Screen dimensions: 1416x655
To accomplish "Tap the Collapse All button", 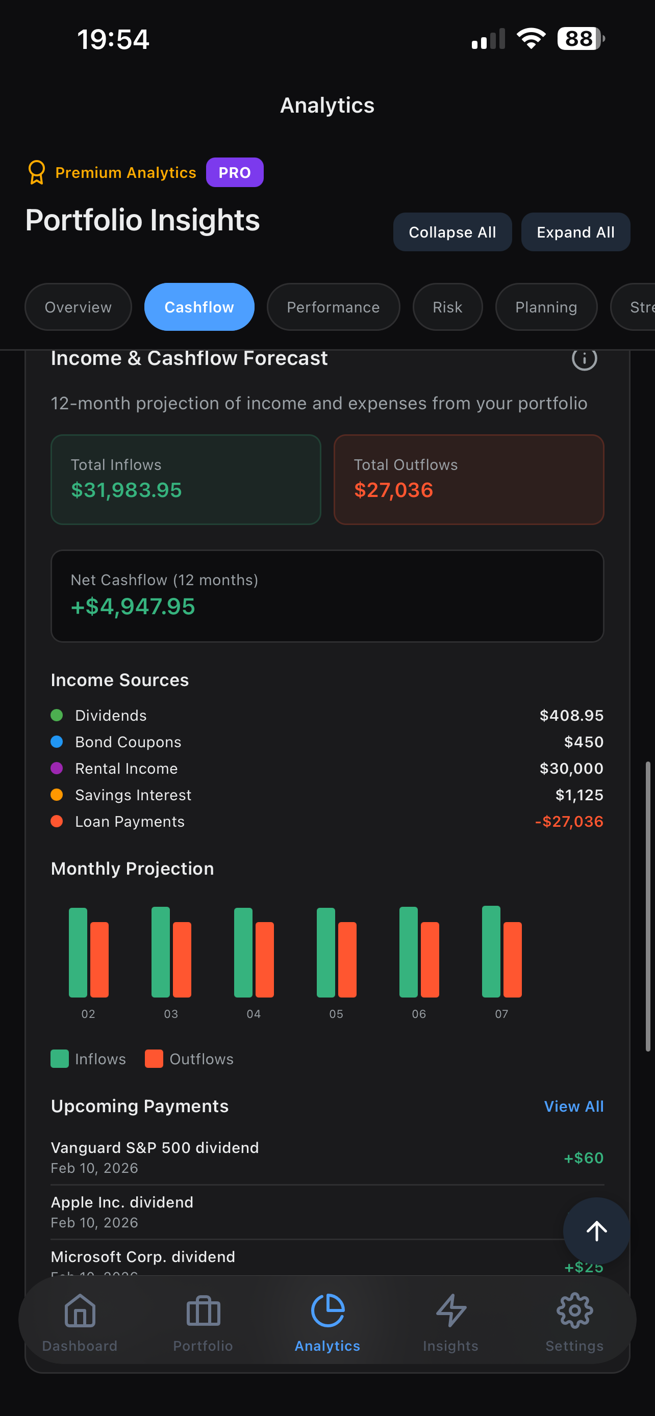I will [452, 232].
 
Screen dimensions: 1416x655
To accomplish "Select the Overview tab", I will [78, 307].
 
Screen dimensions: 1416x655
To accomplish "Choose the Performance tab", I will [333, 307].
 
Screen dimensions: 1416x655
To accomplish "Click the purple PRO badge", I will [234, 173].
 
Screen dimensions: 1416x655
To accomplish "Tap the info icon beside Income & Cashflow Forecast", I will [584, 359].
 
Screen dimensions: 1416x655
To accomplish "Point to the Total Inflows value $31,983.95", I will [127, 490].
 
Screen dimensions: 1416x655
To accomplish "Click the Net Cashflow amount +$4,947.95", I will [133, 606].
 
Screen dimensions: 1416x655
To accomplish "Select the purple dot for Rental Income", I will [57, 768].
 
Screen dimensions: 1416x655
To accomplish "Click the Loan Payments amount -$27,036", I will [569, 821].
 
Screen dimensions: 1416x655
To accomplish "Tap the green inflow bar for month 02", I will [78, 952].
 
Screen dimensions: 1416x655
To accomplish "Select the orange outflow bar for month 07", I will [513, 959].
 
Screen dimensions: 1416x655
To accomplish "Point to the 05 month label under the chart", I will [336, 1014].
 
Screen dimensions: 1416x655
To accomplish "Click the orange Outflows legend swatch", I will [154, 1059].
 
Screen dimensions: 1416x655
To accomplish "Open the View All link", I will [573, 1106].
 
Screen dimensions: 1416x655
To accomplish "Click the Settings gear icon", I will [574, 1310].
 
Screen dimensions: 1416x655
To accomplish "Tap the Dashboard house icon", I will [80, 1310].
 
